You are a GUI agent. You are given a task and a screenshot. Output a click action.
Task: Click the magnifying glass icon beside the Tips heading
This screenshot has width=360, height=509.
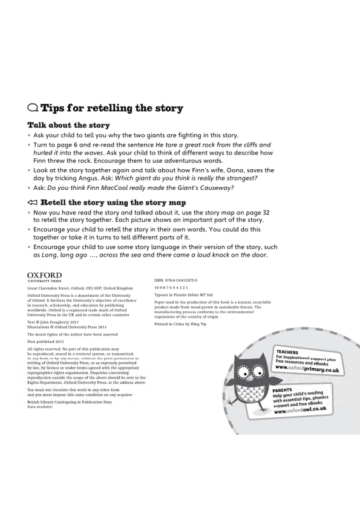click(33, 109)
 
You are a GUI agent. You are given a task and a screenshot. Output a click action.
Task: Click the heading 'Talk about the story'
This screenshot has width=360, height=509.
click(68, 125)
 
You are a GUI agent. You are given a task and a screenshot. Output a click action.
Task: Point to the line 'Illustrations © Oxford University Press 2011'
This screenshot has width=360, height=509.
click(70, 327)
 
